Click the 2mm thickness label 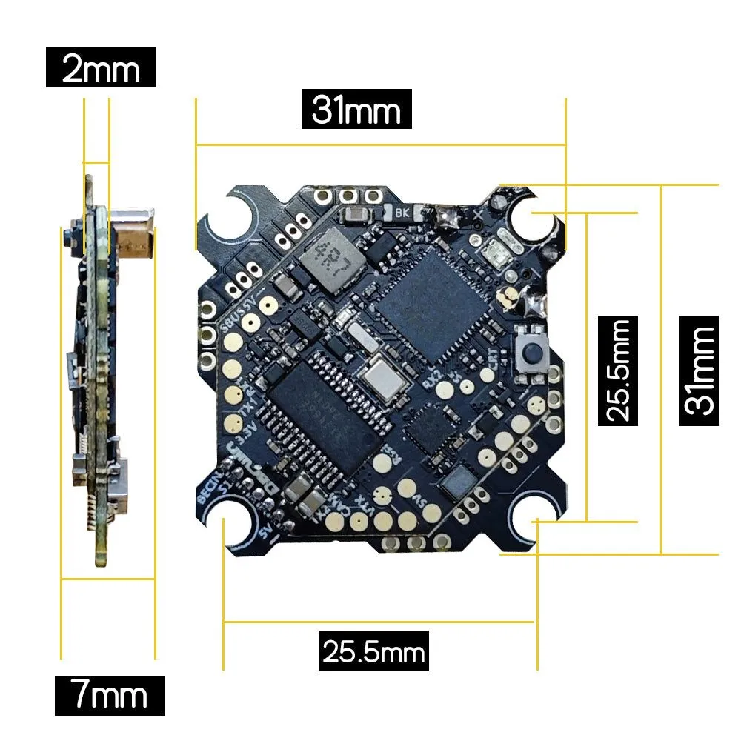pos(101,69)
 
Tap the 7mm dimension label pos(110,695)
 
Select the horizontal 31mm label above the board pos(356,110)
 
